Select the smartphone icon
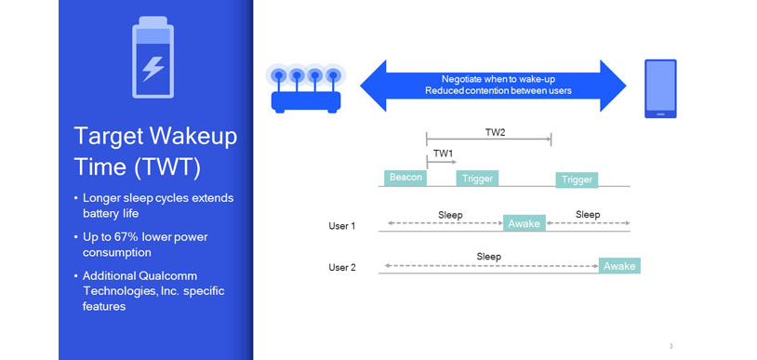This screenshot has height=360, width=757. pyautogui.click(x=661, y=89)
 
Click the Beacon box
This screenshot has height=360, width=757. pyautogui.click(x=405, y=178)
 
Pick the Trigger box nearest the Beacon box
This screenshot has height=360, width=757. pyautogui.click(x=477, y=178)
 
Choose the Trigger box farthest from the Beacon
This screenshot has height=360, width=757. pyautogui.click(x=577, y=180)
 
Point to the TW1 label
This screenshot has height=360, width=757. pyautogui.click(x=444, y=153)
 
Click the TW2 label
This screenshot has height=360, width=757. pyautogui.click(x=495, y=133)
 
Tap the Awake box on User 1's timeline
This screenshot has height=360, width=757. pyautogui.click(x=524, y=223)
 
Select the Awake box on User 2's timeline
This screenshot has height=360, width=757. pyautogui.click(x=619, y=266)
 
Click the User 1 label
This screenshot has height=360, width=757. pyautogui.click(x=342, y=226)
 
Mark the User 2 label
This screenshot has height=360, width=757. pyautogui.click(x=342, y=268)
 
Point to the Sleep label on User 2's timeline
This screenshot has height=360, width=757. pyautogui.click(x=488, y=256)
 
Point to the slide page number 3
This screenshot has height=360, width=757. pyautogui.click(x=671, y=346)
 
